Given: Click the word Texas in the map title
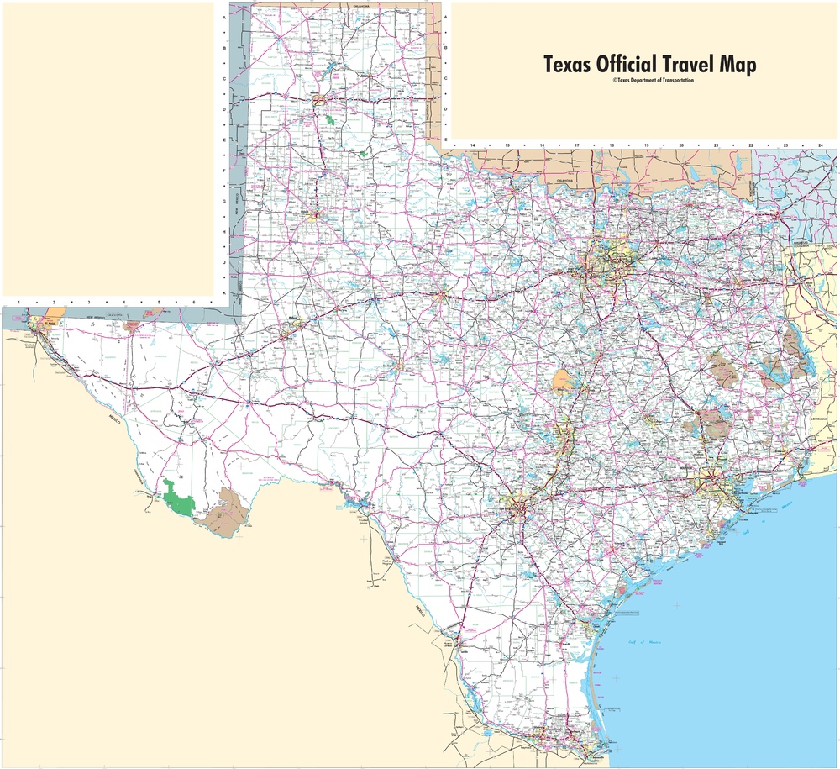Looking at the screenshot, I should pos(567,66).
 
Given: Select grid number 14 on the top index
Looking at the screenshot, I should pos(473,146).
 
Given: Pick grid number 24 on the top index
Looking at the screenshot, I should pos(820,146).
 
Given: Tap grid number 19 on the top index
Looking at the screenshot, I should pos(647,146).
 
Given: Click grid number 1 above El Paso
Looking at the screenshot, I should pos(18,300).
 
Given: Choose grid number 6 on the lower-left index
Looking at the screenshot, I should pos(193,300).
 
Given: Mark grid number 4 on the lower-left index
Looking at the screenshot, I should pos(123,300).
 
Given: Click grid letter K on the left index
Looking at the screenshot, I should pos(223,292).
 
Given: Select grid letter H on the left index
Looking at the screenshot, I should pos(223,232).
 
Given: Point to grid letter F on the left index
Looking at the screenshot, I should pos(223,171).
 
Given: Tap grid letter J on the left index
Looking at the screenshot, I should pos(223,262).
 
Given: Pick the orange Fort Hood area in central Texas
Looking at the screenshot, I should pos(564,382).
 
